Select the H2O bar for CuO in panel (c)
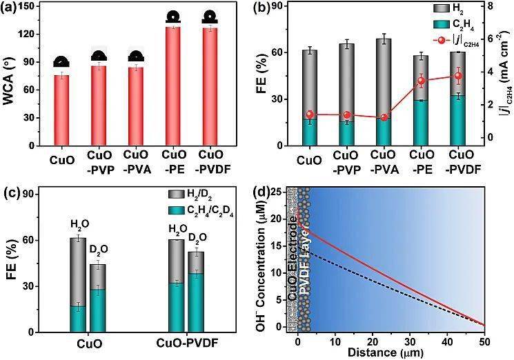click(x=78, y=285)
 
